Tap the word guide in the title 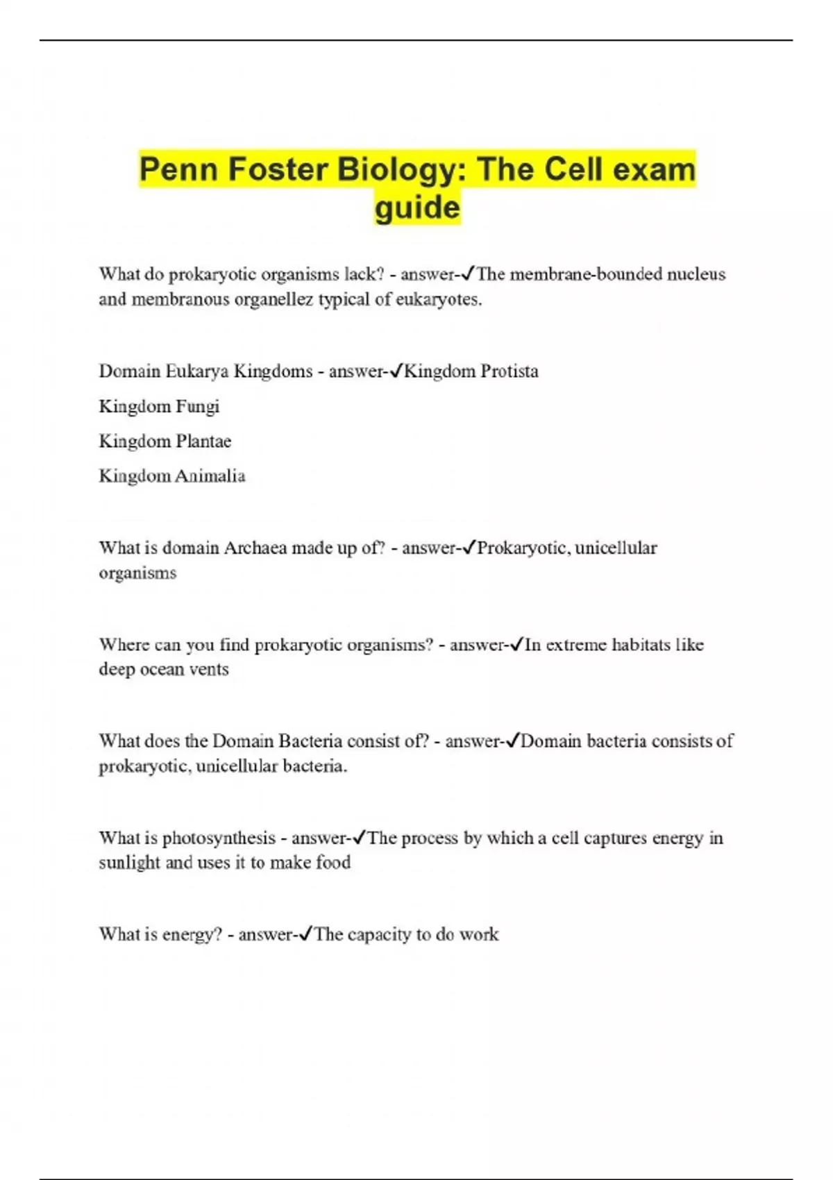(417, 208)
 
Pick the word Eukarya (197, 371)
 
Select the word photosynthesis (219, 838)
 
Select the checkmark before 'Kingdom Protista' (396, 371)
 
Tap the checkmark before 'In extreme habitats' (517, 644)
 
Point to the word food (333, 862)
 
